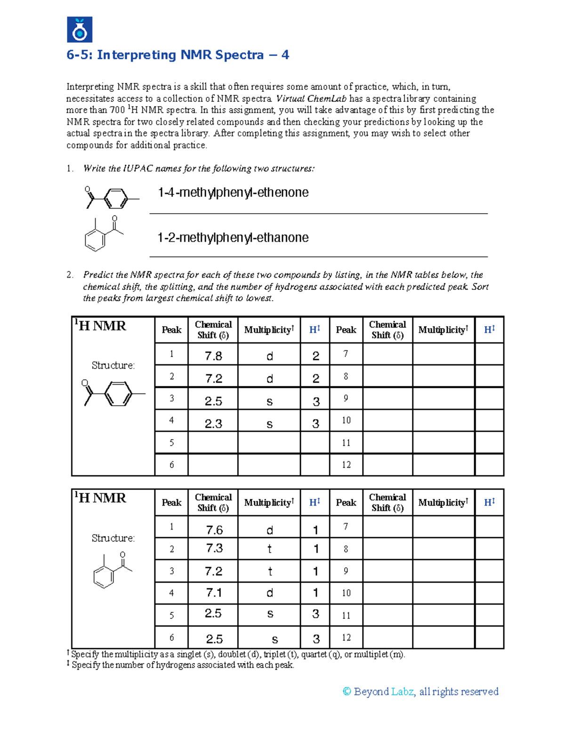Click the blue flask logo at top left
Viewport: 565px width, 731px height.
(x=80, y=30)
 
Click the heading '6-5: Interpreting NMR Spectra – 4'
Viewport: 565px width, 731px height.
(x=178, y=55)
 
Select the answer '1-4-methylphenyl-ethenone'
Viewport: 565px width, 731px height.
(x=233, y=193)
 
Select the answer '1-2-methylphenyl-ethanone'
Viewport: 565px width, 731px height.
(x=233, y=238)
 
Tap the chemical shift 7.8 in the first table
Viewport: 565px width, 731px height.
(x=213, y=356)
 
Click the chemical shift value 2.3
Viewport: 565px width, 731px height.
(x=213, y=424)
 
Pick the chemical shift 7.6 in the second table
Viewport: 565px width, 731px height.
(x=214, y=530)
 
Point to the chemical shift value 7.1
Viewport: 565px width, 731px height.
(x=214, y=593)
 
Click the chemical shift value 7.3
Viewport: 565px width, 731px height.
(x=214, y=548)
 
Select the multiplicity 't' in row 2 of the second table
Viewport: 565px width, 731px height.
(x=269, y=549)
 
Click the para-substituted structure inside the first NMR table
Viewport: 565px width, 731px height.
(x=113, y=393)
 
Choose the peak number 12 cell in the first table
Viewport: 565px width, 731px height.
(x=346, y=465)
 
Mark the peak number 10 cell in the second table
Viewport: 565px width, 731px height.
(x=346, y=593)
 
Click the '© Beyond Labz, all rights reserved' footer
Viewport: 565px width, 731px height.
(x=420, y=691)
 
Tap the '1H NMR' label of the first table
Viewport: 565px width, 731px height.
(x=100, y=326)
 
